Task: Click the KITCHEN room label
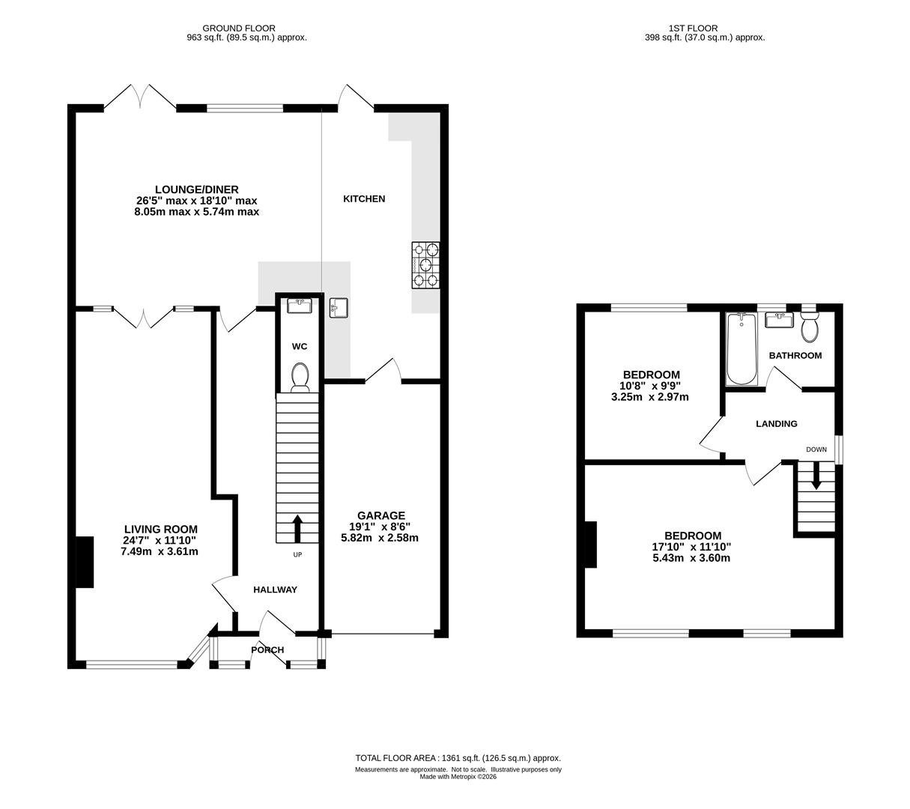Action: (x=364, y=199)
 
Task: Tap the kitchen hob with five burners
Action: (x=425, y=265)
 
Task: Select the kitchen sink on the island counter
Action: (x=339, y=308)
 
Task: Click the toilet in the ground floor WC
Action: (x=300, y=378)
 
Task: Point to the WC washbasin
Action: (x=299, y=306)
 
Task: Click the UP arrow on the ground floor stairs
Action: (x=297, y=529)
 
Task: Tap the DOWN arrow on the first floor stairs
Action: (x=816, y=475)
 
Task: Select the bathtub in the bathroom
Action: (x=741, y=349)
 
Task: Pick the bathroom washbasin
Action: (x=779, y=320)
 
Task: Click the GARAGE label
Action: (x=381, y=515)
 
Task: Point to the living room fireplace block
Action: (x=85, y=562)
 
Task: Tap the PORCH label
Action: (x=267, y=649)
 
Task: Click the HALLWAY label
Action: (x=276, y=590)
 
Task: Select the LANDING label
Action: (x=776, y=423)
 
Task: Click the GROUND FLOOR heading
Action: (x=239, y=28)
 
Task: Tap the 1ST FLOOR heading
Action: (x=693, y=28)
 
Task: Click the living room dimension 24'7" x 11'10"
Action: (x=160, y=540)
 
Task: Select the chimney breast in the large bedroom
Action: (x=590, y=545)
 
